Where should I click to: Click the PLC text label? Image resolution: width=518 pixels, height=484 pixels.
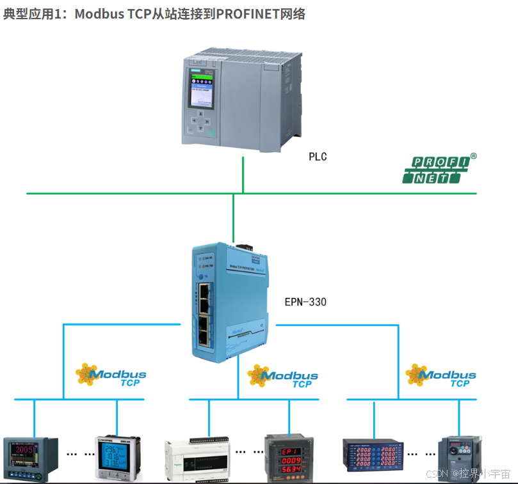tap(318, 157)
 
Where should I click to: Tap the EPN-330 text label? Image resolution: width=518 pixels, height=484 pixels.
tap(305, 301)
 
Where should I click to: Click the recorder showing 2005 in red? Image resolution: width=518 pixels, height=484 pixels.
tap(31, 458)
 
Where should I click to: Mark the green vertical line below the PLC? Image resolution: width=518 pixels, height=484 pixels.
tap(243, 173)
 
